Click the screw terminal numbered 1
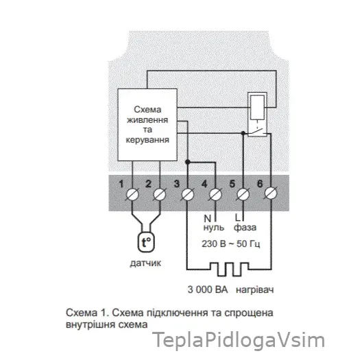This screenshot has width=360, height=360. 133,195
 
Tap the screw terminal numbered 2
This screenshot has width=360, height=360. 160,195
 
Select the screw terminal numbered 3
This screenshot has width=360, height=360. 188,195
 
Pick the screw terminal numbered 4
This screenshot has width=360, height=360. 215,195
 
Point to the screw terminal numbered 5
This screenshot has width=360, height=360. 243,195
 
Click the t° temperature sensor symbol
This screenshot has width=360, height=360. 146,242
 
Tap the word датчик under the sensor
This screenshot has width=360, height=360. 145,263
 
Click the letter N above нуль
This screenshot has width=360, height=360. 207,218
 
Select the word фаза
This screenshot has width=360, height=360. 245,228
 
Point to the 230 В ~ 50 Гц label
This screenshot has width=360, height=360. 230,243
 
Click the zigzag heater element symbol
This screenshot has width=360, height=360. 229,269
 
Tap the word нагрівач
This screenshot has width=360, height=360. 255,290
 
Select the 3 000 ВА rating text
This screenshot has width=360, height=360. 208,289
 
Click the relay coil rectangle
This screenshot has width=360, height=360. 257,108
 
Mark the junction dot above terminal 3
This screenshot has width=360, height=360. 188,162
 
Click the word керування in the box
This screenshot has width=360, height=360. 147,140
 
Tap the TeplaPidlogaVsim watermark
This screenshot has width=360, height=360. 239,340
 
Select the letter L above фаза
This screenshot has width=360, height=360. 237,217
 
